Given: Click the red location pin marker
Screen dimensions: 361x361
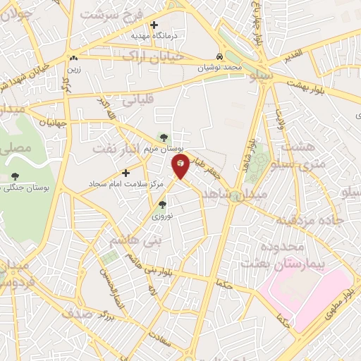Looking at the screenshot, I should coord(180,166).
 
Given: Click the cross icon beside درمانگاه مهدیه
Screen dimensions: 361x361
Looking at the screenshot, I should coord(154,25).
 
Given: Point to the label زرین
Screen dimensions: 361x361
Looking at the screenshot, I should coord(73,68).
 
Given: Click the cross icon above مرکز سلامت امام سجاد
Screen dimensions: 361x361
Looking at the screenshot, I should coord(126,173).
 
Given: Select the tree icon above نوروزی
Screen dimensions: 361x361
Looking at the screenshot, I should coord(163,204).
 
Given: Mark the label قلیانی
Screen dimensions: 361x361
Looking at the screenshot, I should coord(139,101).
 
